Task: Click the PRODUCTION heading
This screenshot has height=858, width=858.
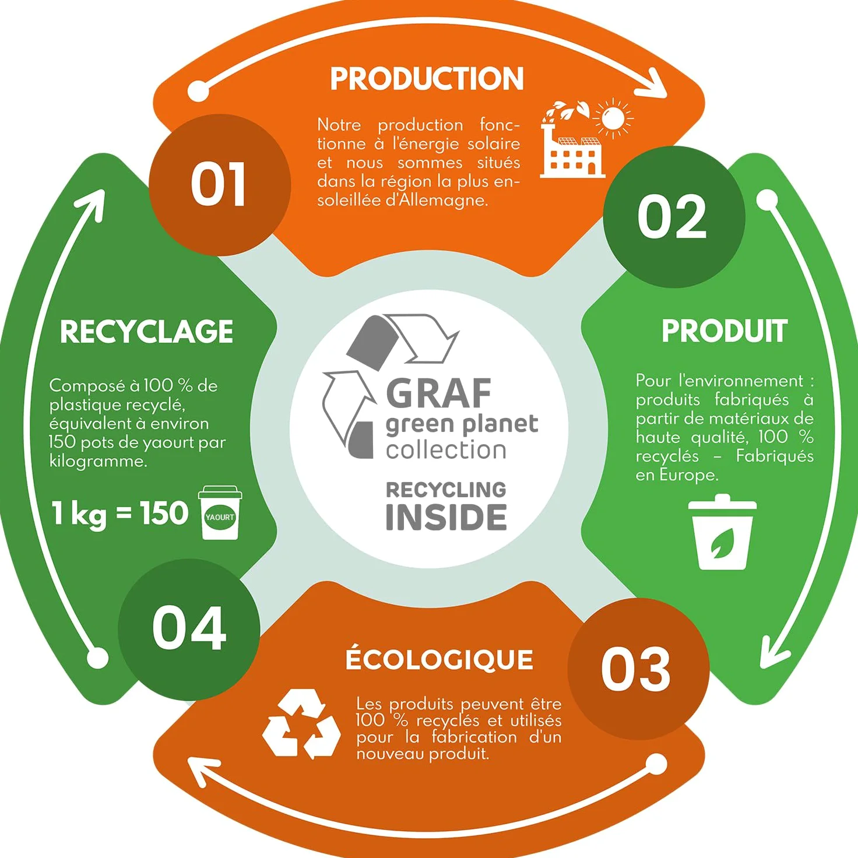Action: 427,79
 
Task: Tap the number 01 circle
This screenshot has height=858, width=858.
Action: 220,185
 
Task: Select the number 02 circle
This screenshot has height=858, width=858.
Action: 674,217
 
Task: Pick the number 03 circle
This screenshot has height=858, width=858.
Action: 638,669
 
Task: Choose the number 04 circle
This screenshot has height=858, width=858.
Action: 189,629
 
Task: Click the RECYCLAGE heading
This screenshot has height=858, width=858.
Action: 146,332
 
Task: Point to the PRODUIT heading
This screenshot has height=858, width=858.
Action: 725,331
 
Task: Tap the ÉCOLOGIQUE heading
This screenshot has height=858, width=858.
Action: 439,659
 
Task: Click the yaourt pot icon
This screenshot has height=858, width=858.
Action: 220,512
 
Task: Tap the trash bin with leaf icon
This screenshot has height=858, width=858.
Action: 722,532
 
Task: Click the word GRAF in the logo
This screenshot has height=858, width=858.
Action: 438,393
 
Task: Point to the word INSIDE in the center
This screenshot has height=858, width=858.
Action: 446,518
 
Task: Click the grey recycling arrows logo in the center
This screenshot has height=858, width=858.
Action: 389,386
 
